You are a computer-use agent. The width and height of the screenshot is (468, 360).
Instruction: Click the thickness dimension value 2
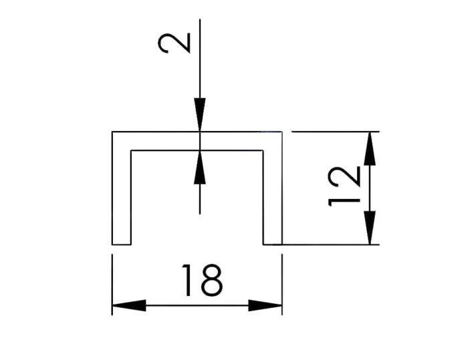click(174, 43)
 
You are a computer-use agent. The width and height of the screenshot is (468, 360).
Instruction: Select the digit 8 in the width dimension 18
click(212, 281)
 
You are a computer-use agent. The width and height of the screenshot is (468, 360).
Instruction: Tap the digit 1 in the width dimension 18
click(187, 281)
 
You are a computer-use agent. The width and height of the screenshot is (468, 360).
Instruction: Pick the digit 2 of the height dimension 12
click(344, 177)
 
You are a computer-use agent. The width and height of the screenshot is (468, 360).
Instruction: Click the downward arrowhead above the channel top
click(200, 114)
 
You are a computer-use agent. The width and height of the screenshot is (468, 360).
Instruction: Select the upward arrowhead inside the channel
click(200, 168)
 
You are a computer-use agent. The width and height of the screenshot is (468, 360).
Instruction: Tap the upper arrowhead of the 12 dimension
click(370, 148)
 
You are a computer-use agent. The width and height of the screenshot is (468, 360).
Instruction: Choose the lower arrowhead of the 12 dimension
click(370, 228)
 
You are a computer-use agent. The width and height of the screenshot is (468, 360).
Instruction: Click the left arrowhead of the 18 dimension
click(129, 305)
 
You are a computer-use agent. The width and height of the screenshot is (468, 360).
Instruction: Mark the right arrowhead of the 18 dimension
click(265, 305)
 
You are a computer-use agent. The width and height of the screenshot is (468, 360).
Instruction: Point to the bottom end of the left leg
click(122, 244)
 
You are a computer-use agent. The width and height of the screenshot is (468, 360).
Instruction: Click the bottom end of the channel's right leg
click(273, 244)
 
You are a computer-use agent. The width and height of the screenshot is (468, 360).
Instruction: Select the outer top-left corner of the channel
click(112, 132)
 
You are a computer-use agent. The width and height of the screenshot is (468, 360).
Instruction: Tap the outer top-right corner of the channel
click(282, 132)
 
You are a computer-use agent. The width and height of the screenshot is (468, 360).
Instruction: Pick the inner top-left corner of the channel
click(131, 151)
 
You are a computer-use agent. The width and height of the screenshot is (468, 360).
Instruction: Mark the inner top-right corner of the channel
click(263, 151)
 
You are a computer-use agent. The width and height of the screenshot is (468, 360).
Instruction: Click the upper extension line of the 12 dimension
click(336, 131)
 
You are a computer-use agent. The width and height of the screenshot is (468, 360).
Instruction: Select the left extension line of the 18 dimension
click(112, 285)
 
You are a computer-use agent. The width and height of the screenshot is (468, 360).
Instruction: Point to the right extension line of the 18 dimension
click(282, 285)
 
